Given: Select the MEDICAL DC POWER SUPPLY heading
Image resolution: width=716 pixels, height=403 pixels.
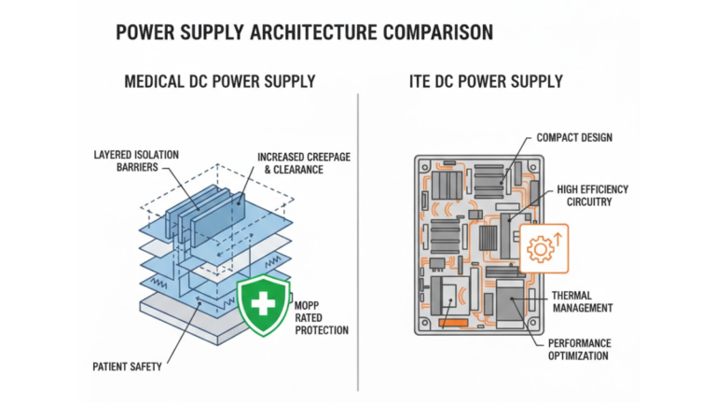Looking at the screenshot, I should (x=220, y=82).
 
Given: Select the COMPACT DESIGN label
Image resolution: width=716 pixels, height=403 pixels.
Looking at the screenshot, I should (x=575, y=138).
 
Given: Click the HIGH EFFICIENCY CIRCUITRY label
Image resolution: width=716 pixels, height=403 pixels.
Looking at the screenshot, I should (x=593, y=196).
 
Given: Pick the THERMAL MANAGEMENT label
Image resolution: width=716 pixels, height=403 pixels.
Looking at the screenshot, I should (x=584, y=300).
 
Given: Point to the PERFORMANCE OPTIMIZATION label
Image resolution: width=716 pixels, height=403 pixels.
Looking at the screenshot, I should (x=578, y=349).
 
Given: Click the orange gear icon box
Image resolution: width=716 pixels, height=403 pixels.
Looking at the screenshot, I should (x=542, y=247).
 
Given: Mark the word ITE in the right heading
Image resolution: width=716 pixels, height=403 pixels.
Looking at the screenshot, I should (x=420, y=82).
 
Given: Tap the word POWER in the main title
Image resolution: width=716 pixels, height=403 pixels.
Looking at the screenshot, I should (x=147, y=34).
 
